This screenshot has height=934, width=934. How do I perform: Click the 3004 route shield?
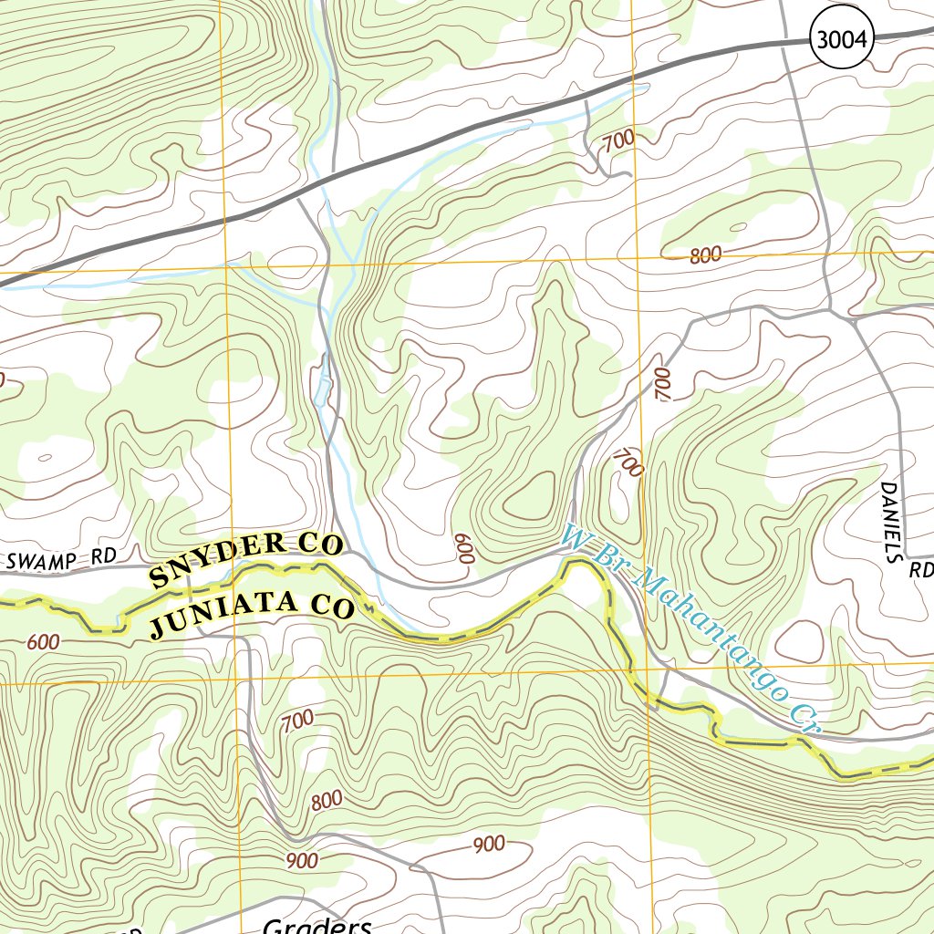(x=841, y=39)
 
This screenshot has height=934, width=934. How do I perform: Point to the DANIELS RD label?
(x=899, y=529)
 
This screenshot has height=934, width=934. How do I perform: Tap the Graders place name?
(x=317, y=925)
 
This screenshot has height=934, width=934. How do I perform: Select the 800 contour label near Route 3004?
(x=705, y=256)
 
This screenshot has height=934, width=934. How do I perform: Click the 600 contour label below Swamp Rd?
(x=43, y=642)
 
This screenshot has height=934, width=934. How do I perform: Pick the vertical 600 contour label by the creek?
(x=464, y=548)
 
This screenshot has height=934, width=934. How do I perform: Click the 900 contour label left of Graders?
(x=302, y=860)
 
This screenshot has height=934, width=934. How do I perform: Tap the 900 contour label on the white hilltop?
(x=489, y=845)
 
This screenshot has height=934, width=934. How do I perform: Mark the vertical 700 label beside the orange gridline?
(x=662, y=384)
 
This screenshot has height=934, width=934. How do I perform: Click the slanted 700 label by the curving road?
(x=628, y=462)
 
